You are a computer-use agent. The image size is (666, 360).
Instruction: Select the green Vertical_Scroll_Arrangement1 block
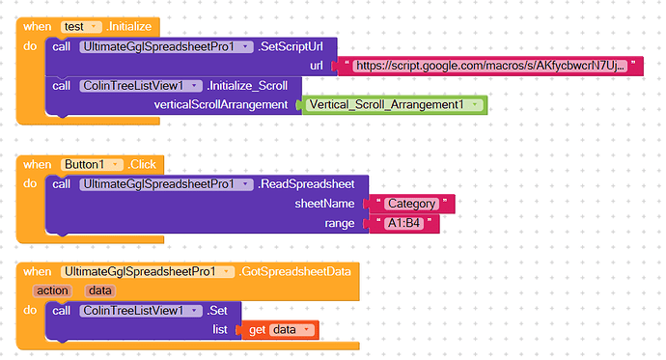[395, 104]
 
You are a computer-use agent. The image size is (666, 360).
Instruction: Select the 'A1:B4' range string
[404, 223]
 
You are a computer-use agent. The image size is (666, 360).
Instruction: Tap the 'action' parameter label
[52, 290]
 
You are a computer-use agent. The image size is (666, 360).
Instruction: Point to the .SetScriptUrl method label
[293, 46]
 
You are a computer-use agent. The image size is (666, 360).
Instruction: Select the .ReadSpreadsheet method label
[308, 183]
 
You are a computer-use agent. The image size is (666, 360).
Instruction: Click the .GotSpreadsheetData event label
[298, 272]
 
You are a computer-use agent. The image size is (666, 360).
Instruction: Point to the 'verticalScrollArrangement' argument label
[223, 104]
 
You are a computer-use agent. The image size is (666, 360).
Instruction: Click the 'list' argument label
[219, 330]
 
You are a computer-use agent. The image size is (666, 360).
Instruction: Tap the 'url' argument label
[316, 66]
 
